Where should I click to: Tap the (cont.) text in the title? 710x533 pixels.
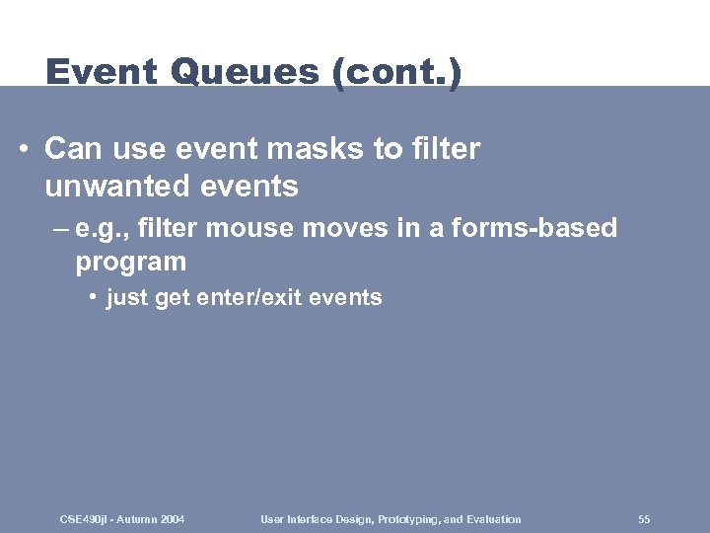(x=398, y=74)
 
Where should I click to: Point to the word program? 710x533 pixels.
(x=130, y=262)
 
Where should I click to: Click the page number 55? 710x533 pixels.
(x=644, y=519)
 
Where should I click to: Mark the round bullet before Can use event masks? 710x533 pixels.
(x=23, y=149)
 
